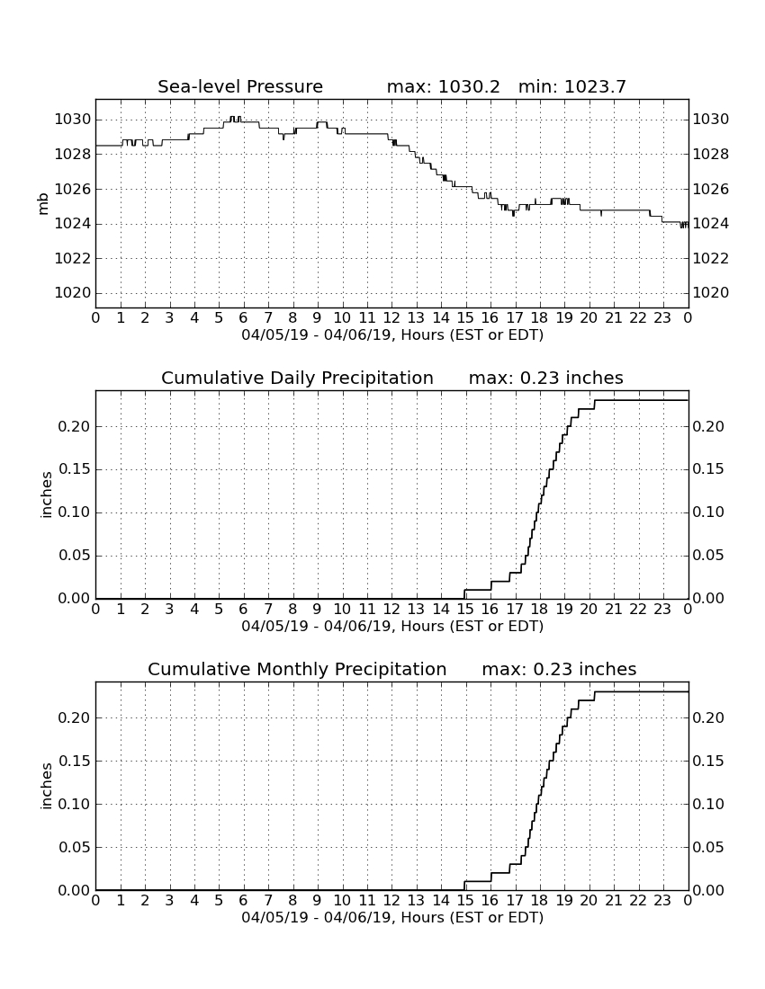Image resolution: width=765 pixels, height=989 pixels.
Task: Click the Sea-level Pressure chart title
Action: coord(240,86)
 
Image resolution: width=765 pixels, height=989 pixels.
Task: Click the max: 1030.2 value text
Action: coord(443,86)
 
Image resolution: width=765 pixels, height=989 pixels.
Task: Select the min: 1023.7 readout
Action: coord(571,86)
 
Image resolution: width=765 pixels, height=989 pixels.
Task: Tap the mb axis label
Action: coord(43,204)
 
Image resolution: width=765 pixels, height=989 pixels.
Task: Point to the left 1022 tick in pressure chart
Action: coord(73,259)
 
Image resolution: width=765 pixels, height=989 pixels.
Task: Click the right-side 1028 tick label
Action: coord(711,155)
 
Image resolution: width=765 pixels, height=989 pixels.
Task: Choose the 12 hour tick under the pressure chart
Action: coord(391,318)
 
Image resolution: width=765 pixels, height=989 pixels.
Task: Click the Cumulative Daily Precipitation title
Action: coord(297,378)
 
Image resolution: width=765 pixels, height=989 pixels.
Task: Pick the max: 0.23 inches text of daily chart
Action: coord(546,378)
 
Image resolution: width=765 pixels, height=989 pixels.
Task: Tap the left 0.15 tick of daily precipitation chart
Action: coord(75,469)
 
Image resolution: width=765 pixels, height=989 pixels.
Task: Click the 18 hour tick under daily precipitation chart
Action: coord(540,610)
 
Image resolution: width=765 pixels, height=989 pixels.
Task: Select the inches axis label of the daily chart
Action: coord(46,494)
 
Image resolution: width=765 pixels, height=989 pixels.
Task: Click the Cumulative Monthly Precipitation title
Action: coord(297,669)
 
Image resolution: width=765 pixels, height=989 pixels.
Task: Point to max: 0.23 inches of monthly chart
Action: coord(559,669)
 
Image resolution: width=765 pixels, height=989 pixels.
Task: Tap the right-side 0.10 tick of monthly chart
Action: coord(708,804)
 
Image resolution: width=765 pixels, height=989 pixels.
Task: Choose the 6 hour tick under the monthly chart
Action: coord(244,901)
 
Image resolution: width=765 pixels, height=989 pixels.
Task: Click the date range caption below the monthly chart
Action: coord(392,917)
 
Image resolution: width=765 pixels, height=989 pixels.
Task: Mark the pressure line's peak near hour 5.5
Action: coord(234,117)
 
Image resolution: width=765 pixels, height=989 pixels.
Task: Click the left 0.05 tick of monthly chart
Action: coord(75,847)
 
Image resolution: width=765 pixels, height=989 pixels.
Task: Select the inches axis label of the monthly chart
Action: coord(46,786)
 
